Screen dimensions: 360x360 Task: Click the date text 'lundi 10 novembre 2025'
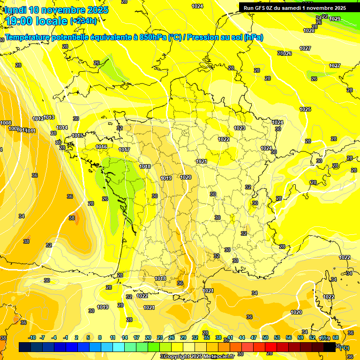pyautogui.click(x=56, y=10)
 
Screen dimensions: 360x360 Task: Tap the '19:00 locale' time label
pyautogui.click(x=36, y=21)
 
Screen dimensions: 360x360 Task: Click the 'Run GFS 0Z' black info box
pyautogui.click(x=295, y=7)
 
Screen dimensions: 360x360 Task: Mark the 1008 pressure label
pyautogui.click(x=6, y=123)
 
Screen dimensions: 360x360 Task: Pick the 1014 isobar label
pyautogui.click(x=62, y=127)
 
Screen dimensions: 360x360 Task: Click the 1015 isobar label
pyautogui.click(x=78, y=136)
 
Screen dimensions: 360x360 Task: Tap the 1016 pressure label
pyautogui.click(x=101, y=147)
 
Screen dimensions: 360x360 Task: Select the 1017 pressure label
pyautogui.click(x=124, y=150)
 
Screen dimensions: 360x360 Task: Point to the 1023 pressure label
pyautogui.click(x=240, y=128)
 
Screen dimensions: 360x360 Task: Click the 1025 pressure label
pyautogui.click(x=305, y=109)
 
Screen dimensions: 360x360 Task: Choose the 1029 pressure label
pyautogui.click(x=335, y=19)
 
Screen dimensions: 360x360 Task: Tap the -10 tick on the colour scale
pyautogui.click(x=32, y=337)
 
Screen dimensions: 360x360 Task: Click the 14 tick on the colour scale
pyautogui.click(x=125, y=337)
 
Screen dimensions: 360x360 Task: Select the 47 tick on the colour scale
pyautogui.click(x=254, y=337)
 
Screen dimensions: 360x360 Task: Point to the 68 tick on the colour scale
pyautogui.click(x=336, y=337)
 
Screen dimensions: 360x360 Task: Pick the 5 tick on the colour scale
pyautogui.click(x=88, y=337)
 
